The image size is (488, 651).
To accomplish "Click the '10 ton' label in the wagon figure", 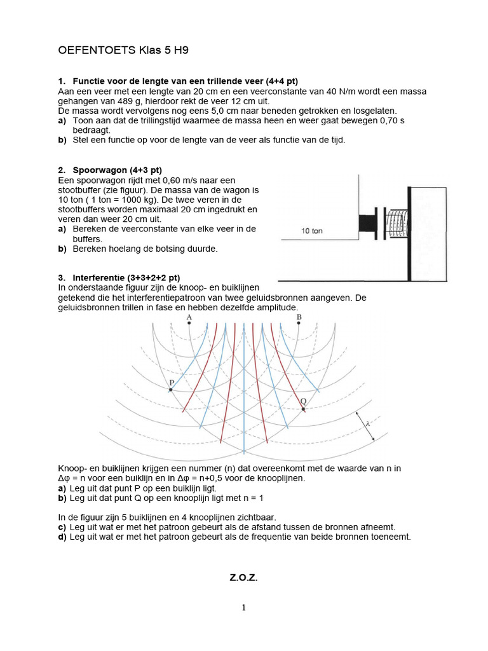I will tap(311, 231).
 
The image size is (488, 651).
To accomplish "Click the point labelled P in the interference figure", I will tap(170, 389).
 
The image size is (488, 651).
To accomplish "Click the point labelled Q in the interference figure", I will tap(303, 409).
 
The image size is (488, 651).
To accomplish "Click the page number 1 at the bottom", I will tap(243, 608).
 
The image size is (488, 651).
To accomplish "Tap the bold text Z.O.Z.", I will tap(243, 578).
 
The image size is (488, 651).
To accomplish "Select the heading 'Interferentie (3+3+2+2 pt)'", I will tap(126, 278).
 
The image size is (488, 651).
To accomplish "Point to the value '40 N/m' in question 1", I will tap(339, 92).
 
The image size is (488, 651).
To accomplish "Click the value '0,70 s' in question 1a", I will tap(391, 120).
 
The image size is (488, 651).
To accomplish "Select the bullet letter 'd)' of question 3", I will tap(62, 537).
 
